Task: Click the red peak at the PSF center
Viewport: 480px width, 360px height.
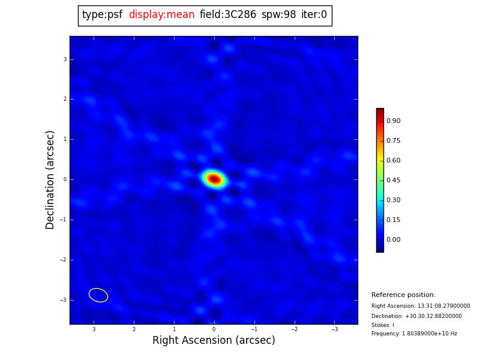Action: (x=214, y=179)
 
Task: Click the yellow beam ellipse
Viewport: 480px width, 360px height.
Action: (x=98, y=295)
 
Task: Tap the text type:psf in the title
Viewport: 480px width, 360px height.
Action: (x=102, y=15)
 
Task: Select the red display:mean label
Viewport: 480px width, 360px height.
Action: (x=161, y=15)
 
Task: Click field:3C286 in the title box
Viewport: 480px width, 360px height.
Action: (x=227, y=15)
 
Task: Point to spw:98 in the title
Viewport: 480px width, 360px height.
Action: (x=278, y=15)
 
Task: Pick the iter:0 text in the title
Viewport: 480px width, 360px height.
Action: (x=314, y=15)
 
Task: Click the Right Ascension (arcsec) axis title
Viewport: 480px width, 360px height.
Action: (x=214, y=341)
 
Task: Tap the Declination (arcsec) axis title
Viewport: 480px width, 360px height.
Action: (x=50, y=179)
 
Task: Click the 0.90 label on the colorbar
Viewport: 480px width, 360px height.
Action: (x=393, y=121)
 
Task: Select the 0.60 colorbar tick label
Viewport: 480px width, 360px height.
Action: (x=393, y=161)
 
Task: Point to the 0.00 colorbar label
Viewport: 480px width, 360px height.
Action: (x=393, y=240)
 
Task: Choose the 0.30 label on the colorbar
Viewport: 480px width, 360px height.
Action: (x=393, y=200)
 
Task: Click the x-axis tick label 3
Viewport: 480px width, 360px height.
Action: (x=94, y=329)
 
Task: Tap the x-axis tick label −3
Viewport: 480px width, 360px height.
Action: (x=334, y=329)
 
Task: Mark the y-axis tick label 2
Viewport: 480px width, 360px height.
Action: (x=65, y=100)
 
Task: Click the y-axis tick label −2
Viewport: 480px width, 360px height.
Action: (x=64, y=260)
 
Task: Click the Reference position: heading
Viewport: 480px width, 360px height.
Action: (x=403, y=295)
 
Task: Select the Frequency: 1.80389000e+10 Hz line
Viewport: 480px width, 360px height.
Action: (x=414, y=334)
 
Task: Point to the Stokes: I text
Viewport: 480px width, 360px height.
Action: (x=383, y=325)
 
